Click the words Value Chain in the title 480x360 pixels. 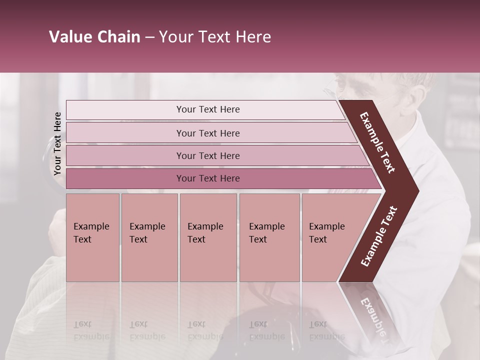[x=94, y=37]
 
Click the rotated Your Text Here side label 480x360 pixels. [x=57, y=143]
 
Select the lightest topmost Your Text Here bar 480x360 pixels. [x=207, y=109]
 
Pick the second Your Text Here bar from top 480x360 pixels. [x=207, y=133]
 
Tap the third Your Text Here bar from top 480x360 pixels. [x=207, y=155]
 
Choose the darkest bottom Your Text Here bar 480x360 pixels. [x=207, y=178]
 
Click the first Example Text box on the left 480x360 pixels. [x=92, y=237]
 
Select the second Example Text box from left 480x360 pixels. [x=149, y=237]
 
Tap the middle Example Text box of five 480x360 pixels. [x=208, y=237]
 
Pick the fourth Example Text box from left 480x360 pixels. [x=269, y=237]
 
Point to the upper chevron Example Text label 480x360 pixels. [x=378, y=142]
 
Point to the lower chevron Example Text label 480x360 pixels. [x=379, y=236]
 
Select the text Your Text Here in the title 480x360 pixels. [x=215, y=37]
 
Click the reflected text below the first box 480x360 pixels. [x=91, y=330]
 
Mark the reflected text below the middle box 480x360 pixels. [x=205, y=330]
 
